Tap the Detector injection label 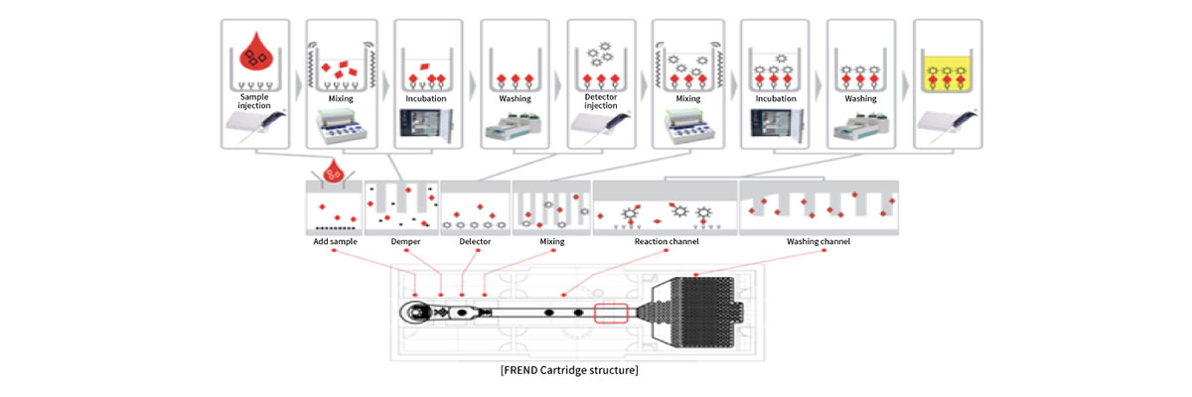(601, 104)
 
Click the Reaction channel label (666, 242)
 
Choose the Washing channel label (819, 242)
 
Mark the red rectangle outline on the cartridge (612, 313)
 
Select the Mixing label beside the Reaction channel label (552, 242)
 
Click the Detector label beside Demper (475, 242)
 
